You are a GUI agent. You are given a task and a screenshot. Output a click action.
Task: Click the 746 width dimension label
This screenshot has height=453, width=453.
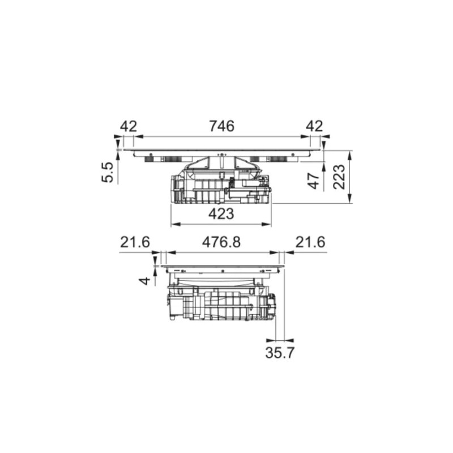pos(221,126)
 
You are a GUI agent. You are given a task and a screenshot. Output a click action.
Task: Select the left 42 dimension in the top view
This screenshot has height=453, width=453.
pos(129,126)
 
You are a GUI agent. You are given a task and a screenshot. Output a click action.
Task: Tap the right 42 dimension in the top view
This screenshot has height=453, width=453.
pos(314,126)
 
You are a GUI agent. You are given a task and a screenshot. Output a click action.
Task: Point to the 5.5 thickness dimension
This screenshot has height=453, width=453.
pos(107,172)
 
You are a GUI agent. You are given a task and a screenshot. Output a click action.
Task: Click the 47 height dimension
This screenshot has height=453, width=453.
pos(314,180)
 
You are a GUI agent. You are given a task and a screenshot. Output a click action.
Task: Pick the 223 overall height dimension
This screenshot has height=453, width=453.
pos(339,177)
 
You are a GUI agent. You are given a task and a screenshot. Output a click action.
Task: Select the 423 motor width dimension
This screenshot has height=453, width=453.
pos(221,214)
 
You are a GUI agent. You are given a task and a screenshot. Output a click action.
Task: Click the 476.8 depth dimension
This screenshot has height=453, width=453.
pos(221,242)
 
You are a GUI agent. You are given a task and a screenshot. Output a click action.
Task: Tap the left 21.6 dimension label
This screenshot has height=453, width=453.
pos(135,242)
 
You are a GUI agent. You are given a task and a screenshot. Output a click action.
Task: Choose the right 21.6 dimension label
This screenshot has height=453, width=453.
pos(310,242)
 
